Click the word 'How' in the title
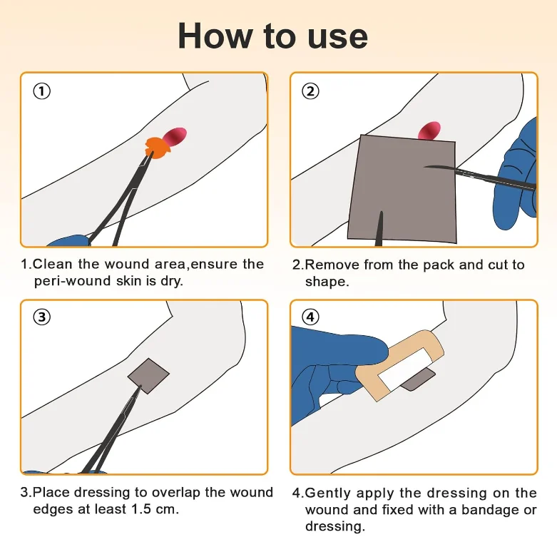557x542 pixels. coord(215,36)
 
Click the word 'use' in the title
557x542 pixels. coord(337,37)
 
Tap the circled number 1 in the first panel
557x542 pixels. coord(42,91)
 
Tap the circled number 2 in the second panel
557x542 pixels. coord(310,91)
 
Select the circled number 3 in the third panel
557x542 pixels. coord(42,317)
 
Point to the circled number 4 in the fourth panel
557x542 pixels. coord(310,317)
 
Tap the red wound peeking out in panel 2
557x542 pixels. coord(430,131)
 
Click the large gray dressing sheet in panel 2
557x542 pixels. coord(402,189)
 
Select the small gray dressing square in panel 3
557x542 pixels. coord(148,376)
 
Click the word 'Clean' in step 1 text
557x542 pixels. coord(52,265)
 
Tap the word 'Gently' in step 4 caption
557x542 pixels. coord(329,494)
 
